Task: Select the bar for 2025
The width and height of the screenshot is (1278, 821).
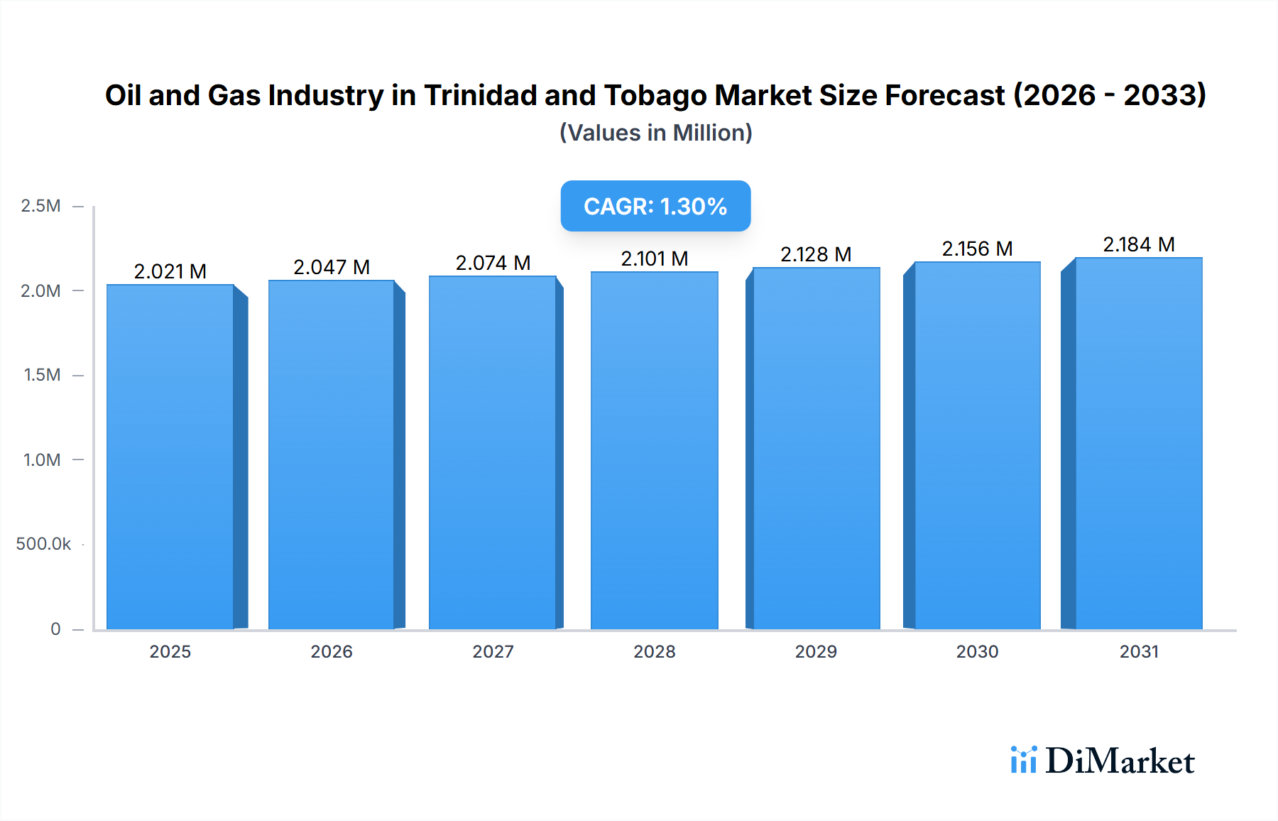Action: coord(170,457)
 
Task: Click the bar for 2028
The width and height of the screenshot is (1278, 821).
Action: coord(654,450)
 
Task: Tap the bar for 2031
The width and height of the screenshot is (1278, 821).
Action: coord(1138,443)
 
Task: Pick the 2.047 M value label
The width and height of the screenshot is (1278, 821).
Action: coord(332,267)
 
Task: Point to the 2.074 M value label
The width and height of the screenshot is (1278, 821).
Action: coord(493,263)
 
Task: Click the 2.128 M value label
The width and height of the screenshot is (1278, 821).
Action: coord(816,254)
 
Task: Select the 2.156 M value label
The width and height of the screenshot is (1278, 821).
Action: coord(977,249)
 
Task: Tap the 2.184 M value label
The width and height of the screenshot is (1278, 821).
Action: coord(1138,244)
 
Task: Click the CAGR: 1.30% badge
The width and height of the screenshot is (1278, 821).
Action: coord(655,206)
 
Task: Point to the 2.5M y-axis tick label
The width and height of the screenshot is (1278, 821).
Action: coord(40,206)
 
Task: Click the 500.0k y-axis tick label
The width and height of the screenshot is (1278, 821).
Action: coord(43,544)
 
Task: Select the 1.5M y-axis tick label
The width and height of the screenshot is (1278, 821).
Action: coord(42,375)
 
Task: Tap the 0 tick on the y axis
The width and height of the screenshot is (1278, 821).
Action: coord(55,629)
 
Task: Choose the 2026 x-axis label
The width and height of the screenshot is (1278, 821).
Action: coord(332,651)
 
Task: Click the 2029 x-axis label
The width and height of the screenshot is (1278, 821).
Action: coord(816,651)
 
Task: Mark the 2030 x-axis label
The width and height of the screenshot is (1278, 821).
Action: coord(977,651)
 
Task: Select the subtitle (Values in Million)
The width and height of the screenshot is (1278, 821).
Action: coord(655,133)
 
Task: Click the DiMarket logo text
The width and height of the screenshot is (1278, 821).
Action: coord(1120,761)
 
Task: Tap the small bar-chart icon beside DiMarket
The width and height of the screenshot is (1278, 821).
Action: coord(1023,760)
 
